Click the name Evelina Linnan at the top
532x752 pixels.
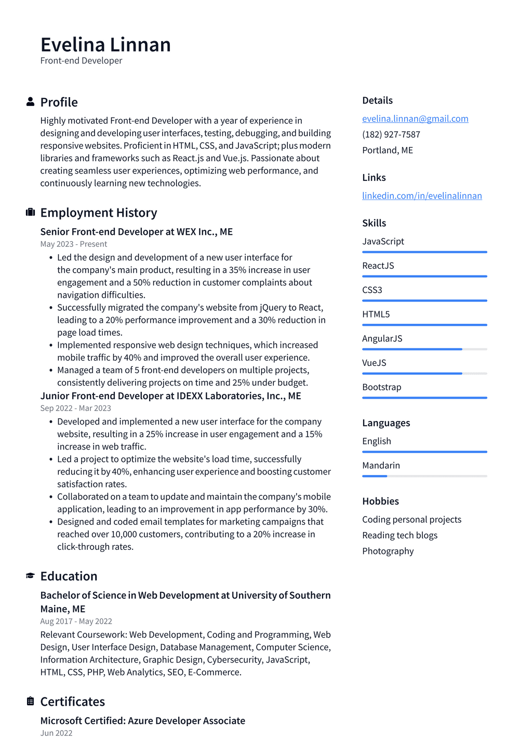click(x=105, y=45)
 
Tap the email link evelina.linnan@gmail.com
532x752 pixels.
click(x=415, y=118)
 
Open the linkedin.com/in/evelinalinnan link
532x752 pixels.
click(x=422, y=195)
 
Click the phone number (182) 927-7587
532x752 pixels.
click(x=391, y=134)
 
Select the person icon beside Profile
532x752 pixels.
click(x=30, y=102)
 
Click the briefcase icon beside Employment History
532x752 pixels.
click(x=30, y=212)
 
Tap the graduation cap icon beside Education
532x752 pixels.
click(x=30, y=576)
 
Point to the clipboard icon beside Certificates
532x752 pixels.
click(x=30, y=701)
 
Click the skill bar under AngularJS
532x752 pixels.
click(x=424, y=349)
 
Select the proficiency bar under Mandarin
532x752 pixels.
click(x=424, y=476)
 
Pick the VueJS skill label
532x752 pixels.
click(x=374, y=363)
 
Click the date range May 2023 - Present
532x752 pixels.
click(x=74, y=244)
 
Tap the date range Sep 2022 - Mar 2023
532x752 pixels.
click(x=76, y=408)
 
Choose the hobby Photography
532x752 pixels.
click(x=388, y=551)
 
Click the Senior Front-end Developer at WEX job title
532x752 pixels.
click(x=137, y=232)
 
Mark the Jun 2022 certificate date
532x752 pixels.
click(x=56, y=733)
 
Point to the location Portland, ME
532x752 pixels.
click(x=388, y=150)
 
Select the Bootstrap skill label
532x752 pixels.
click(x=381, y=387)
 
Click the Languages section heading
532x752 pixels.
click(x=386, y=423)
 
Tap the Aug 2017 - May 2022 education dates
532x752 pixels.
click(x=76, y=622)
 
